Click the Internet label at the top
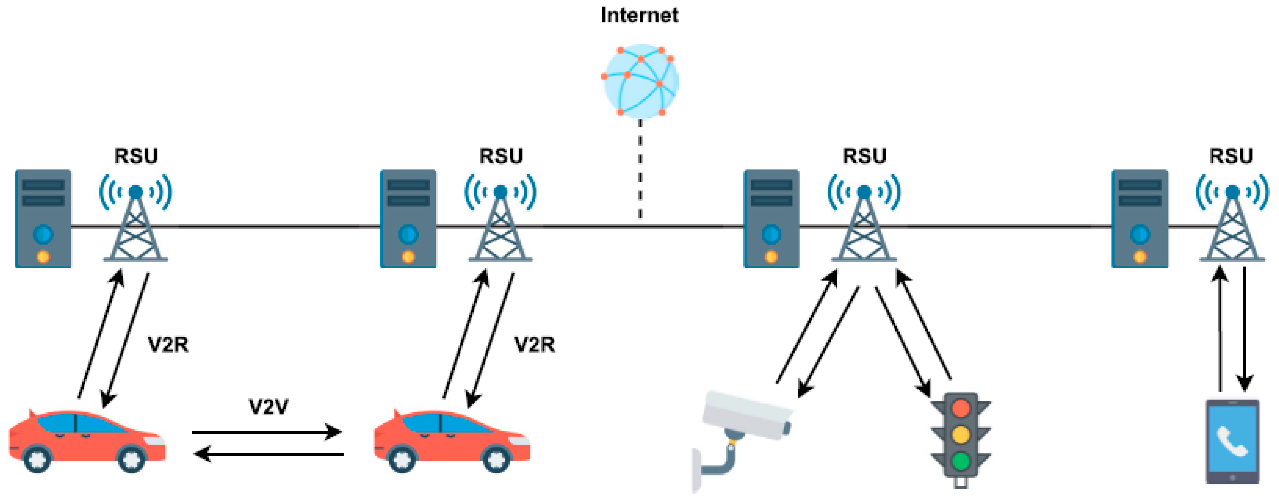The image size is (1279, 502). coord(639,15)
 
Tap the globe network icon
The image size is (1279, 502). coord(640,81)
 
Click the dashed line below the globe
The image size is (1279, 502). coord(640,169)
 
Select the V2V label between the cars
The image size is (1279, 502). coord(268,407)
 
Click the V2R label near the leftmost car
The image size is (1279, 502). coord(168,344)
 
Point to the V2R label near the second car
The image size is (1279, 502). coord(534,344)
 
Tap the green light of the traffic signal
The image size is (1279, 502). coord(961,461)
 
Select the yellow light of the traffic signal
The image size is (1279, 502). coord(961,434)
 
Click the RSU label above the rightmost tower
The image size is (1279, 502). coord(1231,156)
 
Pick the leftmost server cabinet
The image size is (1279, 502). coord(43,218)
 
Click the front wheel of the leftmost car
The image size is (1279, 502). coord(131,458)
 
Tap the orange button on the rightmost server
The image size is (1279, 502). coord(1140,256)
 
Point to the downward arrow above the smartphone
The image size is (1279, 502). coord(1245,328)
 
